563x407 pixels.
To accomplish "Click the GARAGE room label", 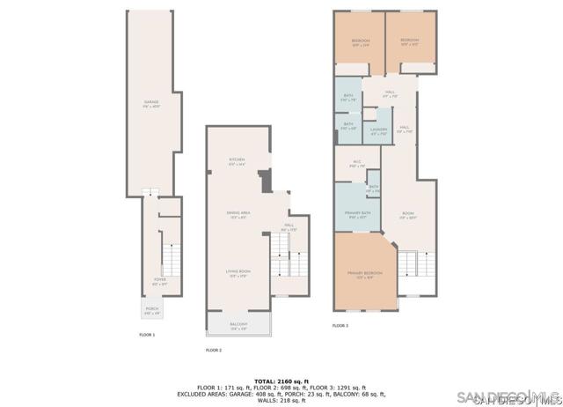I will tap(151, 104).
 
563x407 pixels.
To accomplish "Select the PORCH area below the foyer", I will tap(152, 310).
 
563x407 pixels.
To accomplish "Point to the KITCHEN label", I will tap(238, 161).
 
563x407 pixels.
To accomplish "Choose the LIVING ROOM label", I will tap(238, 274).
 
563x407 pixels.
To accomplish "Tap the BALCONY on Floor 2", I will tap(238, 326).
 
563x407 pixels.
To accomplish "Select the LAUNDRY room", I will tap(378, 131).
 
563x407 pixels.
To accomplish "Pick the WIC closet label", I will tap(357, 163).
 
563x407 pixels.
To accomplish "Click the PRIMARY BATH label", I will tap(357, 214).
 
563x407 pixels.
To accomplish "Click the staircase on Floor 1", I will tap(171, 261).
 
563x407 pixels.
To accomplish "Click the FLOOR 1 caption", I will tap(147, 336).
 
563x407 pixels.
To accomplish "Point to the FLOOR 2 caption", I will tap(214, 351).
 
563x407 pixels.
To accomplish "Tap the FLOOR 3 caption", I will tap(340, 326).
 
